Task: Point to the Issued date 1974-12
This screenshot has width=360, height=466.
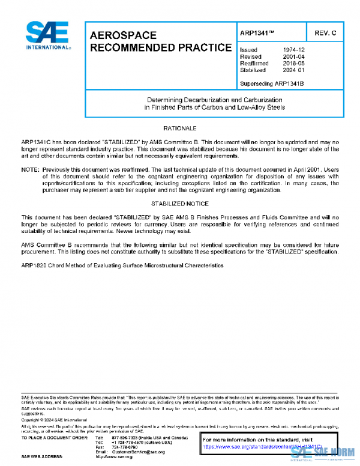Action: [x=293, y=50]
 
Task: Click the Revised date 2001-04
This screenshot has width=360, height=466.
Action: [x=293, y=56]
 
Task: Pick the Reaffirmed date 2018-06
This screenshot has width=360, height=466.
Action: [x=293, y=63]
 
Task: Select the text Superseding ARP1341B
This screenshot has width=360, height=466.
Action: [x=271, y=83]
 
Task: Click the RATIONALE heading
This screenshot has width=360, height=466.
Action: [x=180, y=129]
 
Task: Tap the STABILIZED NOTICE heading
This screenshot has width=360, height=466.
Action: [x=180, y=204]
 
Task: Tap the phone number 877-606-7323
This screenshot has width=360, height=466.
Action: [x=125, y=437]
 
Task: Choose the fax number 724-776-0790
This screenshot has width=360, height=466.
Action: [x=125, y=447]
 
